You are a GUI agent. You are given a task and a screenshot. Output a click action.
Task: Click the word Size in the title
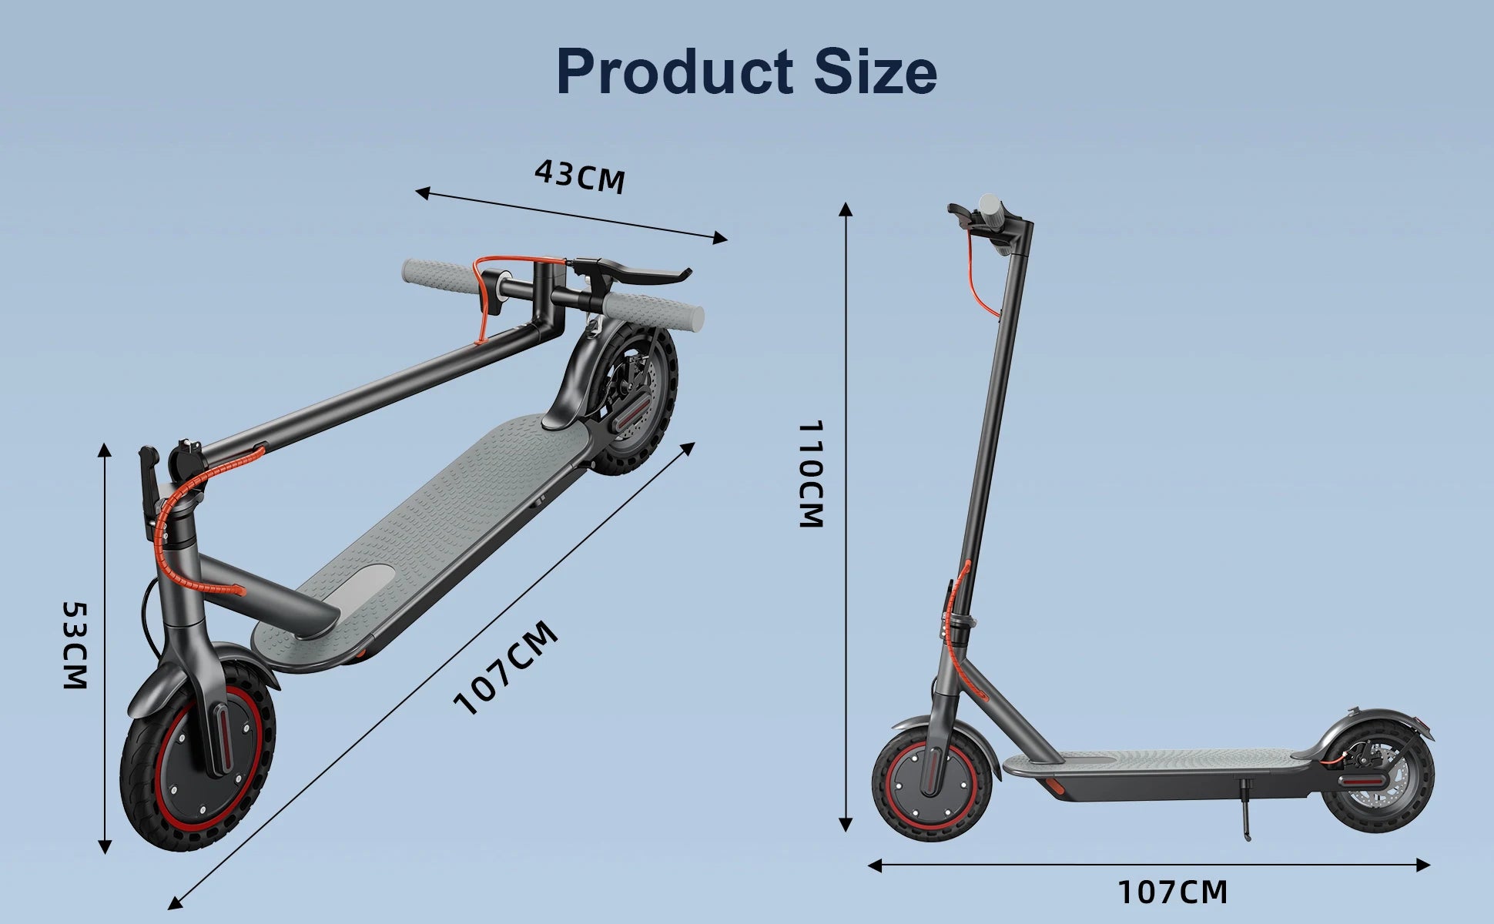[876, 72]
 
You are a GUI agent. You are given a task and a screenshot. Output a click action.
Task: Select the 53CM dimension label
[75, 645]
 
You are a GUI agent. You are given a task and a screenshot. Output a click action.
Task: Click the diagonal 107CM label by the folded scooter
[505, 668]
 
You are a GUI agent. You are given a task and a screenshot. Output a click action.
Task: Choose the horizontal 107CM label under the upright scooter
[1172, 892]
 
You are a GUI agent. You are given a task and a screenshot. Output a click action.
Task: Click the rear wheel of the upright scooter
[1378, 786]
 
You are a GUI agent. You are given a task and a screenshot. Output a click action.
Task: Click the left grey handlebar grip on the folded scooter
[436, 274]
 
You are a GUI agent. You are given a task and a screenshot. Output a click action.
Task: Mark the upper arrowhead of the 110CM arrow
[846, 209]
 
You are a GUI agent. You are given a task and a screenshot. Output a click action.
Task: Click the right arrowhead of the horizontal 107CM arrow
[1424, 865]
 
